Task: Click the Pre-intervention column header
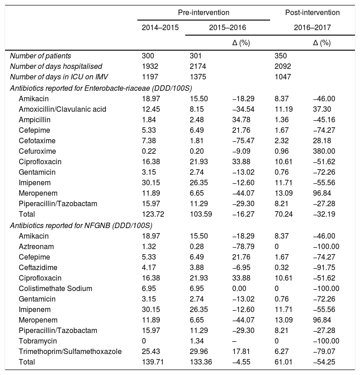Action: (203, 12)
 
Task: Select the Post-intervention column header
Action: (312, 12)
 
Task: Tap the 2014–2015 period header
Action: (160, 28)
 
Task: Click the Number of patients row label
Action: (41, 56)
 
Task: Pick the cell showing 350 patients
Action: (281, 56)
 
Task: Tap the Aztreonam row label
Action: (36, 246)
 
